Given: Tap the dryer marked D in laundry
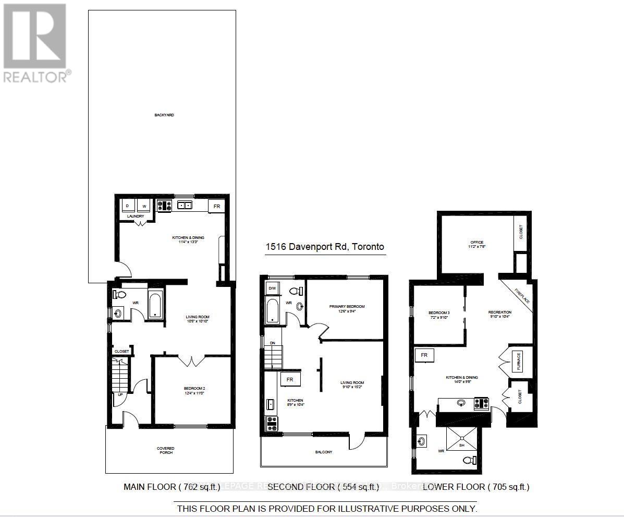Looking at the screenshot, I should click(x=128, y=206).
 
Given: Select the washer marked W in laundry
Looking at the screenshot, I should click(x=144, y=206).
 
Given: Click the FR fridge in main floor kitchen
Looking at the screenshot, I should click(x=217, y=206).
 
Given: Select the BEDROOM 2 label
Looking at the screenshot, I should click(x=193, y=389).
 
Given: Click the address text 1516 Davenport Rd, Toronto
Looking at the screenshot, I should click(x=325, y=247).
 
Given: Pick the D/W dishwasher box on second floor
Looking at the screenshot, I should click(x=272, y=288).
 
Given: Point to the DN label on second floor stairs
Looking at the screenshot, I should click(x=272, y=343).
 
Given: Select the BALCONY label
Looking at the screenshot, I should click(x=323, y=452).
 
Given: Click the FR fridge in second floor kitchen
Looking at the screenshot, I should click(x=290, y=379).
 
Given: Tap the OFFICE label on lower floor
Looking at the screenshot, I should click(x=476, y=243).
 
